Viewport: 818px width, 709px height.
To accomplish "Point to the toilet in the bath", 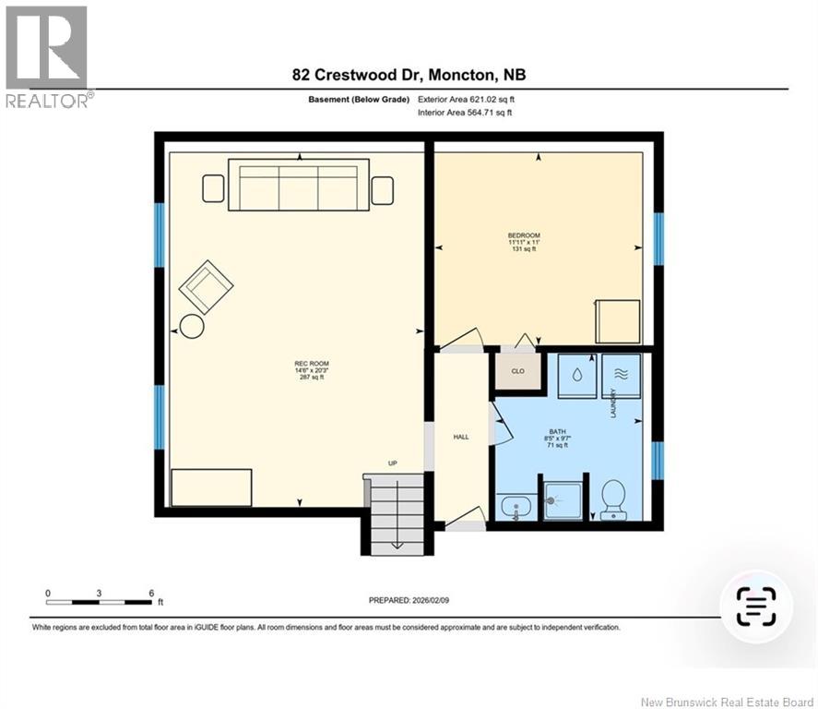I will click(613, 499).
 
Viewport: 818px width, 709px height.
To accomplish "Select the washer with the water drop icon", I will click(575, 376).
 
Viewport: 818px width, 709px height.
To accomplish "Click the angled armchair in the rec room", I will click(206, 286).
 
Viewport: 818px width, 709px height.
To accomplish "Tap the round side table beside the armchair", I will click(192, 326).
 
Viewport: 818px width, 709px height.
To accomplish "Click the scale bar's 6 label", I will click(150, 593).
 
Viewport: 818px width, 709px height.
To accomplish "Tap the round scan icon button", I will click(755, 607).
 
